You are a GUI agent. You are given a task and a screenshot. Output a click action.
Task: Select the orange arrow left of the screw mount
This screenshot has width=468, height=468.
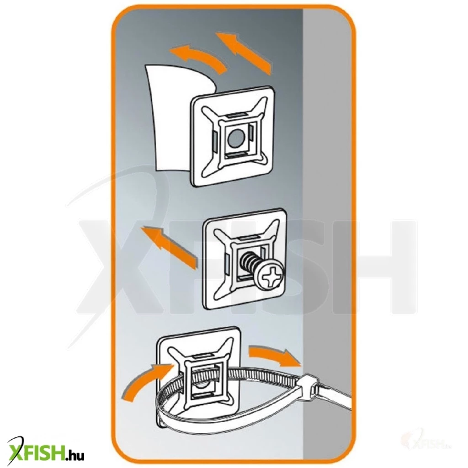point(169,246)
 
